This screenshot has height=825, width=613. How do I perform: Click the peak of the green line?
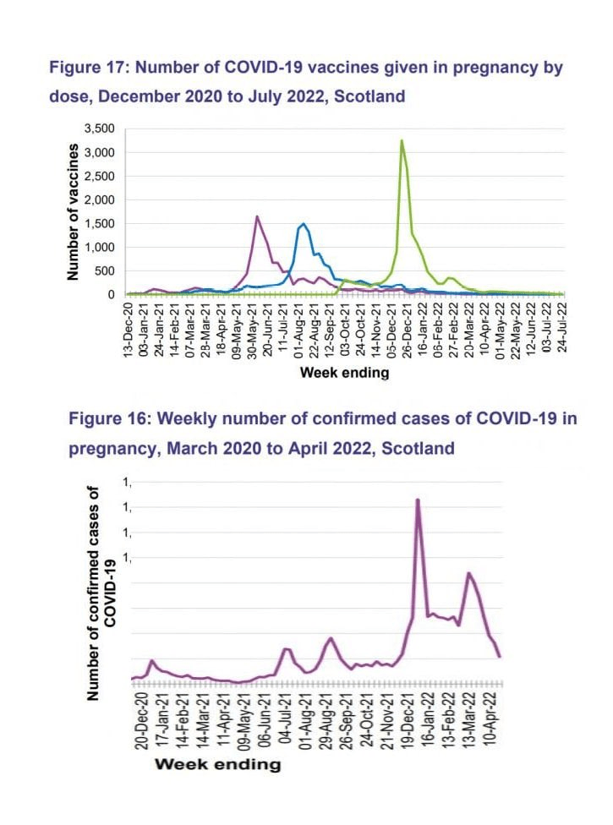click(x=402, y=140)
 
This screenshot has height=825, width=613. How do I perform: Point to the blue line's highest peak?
click(x=302, y=223)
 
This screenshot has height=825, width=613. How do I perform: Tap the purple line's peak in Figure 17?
click(x=257, y=216)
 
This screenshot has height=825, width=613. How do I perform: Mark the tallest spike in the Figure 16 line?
click(x=418, y=500)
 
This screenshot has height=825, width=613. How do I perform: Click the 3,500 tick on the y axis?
click(x=98, y=128)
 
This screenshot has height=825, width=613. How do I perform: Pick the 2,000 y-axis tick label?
click(x=98, y=199)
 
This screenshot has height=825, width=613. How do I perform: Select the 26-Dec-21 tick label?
click(x=408, y=329)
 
